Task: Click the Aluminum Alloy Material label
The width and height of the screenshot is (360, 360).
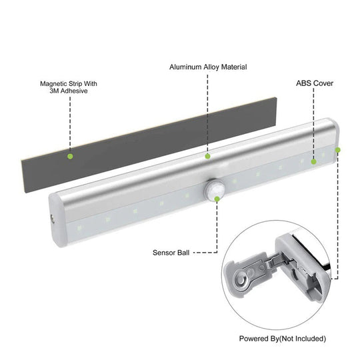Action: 208,67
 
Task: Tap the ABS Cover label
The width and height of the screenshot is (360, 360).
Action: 314,84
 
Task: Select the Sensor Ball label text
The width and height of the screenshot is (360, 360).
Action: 172,253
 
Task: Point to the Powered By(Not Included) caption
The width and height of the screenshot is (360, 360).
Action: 283,339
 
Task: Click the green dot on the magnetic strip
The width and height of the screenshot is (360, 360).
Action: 69,157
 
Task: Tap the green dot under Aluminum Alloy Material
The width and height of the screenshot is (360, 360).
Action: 208,156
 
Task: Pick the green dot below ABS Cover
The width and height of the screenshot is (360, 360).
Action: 313,161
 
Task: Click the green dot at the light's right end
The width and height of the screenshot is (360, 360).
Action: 338,150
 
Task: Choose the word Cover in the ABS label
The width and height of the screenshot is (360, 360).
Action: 323,84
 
